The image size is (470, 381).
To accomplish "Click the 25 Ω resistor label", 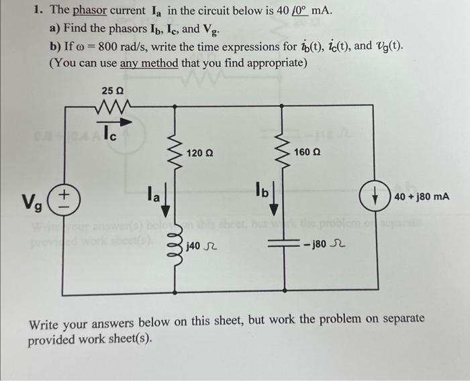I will point(113,91).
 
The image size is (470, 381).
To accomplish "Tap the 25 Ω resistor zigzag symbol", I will point(113,106).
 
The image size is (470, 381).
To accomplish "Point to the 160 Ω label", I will point(306,154).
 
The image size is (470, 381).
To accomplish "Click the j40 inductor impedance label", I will point(201,248).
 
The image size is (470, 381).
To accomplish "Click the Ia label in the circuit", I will point(154,195).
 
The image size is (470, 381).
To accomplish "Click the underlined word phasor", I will point(89,12).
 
